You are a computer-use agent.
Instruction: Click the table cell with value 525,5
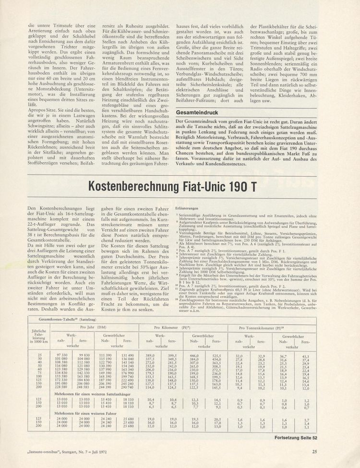coord(217,355)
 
